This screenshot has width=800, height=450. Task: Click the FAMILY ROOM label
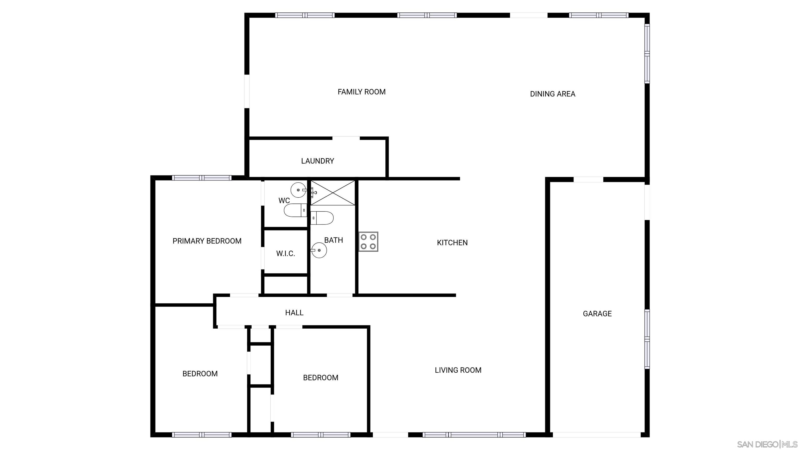coord(361,92)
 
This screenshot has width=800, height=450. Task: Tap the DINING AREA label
coord(553,94)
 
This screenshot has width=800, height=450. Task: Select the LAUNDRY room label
coord(317,161)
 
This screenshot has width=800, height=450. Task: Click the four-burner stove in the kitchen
coord(368,242)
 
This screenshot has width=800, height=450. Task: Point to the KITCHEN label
coord(452,242)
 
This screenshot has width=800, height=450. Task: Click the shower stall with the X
coord(333,193)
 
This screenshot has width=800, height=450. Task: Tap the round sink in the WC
coord(298,190)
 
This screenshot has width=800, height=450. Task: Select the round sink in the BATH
coord(319,250)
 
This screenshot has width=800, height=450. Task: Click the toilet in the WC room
coord(295,210)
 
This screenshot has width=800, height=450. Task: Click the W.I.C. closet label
coord(285,254)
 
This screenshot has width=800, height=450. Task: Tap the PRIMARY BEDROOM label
coord(207,241)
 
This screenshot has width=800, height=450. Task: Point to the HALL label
coord(294,313)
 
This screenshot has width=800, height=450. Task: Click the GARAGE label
coord(597,314)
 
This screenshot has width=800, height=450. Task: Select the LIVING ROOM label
coord(458,370)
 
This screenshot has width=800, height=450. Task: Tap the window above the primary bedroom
coord(202,178)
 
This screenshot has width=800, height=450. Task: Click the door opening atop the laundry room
coord(346,138)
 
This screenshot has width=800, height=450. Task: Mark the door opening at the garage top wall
coord(588,179)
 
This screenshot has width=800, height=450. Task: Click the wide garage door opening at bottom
coord(596,435)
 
